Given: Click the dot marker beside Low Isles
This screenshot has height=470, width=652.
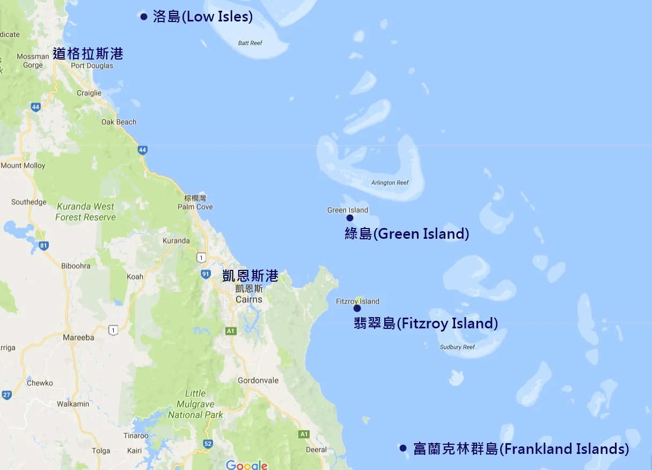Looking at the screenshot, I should [143, 17].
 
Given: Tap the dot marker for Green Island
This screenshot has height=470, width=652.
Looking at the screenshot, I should [350, 218].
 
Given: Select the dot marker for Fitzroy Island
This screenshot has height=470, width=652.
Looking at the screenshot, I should [357, 309].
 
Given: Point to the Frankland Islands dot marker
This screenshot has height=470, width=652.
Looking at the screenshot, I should [403, 448].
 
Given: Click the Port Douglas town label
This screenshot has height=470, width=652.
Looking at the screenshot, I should [92, 65].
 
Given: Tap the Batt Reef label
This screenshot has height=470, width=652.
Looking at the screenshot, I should [250, 43].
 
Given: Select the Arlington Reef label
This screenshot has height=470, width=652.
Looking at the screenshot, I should [390, 182].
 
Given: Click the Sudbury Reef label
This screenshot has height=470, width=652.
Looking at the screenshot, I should [457, 347].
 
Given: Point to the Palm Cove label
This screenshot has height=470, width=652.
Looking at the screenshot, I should [195, 207].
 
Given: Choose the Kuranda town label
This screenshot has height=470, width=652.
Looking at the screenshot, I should [176, 240].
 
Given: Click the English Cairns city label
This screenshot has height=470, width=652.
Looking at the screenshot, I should [249, 299].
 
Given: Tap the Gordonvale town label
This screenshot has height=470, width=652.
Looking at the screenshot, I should [258, 380].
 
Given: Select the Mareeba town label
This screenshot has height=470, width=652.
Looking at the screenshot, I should [78, 337].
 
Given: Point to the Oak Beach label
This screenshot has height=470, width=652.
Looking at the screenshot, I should [119, 122].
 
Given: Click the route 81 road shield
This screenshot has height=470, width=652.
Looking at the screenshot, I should [43, 246].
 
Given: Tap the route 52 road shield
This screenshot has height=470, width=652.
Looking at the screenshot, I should [208, 444].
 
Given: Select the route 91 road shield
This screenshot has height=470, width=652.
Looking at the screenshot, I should [206, 274].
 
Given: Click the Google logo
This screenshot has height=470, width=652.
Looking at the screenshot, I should [246, 465].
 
